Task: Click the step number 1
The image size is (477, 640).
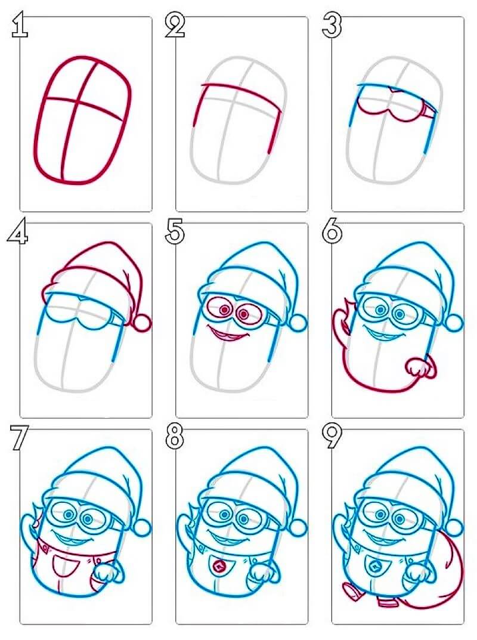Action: coord(19,25)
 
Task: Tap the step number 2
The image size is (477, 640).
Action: coord(175,25)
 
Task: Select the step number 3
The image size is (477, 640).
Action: coord(332,25)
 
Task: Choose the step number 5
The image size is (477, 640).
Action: coord(175,232)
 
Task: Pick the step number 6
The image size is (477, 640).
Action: coord(332,232)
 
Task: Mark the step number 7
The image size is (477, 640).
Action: coord(18,438)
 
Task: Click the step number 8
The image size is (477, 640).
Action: coord(175,438)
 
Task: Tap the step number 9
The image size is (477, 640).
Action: coord(332,438)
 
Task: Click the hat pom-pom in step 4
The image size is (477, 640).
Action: coord(143,323)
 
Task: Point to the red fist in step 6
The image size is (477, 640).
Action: coord(416,366)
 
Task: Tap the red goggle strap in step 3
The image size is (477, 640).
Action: coord(428,110)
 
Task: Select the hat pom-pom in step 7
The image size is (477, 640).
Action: coord(143,528)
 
